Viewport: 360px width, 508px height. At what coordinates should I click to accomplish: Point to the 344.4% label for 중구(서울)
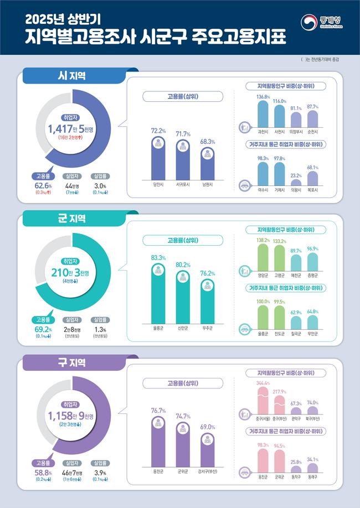coord(263,383)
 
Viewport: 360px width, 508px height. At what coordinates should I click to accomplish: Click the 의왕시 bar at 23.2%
coord(296,182)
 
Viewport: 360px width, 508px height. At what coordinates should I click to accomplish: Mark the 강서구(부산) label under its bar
coord(207,471)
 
